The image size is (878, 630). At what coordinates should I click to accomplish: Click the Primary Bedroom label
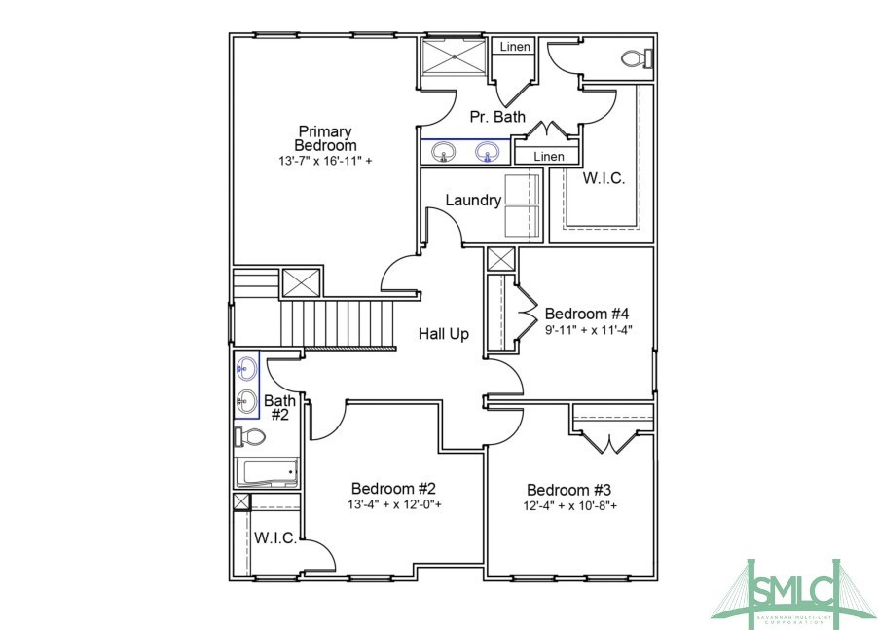tap(325, 138)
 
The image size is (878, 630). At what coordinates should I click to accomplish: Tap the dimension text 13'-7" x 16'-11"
tap(325, 160)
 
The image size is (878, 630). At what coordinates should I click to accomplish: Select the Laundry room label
tap(473, 201)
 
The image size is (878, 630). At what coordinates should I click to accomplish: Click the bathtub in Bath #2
tap(266, 473)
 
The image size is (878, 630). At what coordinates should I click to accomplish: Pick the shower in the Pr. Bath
tap(453, 57)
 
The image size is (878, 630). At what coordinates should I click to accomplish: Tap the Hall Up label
tap(444, 334)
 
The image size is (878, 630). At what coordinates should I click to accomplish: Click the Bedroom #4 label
tap(587, 314)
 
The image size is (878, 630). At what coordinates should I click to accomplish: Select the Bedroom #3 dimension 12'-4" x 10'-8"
tap(572, 506)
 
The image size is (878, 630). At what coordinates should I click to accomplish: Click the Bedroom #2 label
tap(393, 488)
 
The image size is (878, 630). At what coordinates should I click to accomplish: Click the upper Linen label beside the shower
tap(515, 47)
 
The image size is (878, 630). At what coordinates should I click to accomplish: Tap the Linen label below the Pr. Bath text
tap(548, 156)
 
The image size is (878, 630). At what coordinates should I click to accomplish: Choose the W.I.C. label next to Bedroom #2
tap(275, 538)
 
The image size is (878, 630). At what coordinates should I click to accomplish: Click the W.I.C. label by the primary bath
tap(604, 179)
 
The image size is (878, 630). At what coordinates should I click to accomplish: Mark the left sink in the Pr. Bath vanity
tap(445, 153)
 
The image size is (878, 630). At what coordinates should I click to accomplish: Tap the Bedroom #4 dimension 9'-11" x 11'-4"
tap(589, 329)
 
